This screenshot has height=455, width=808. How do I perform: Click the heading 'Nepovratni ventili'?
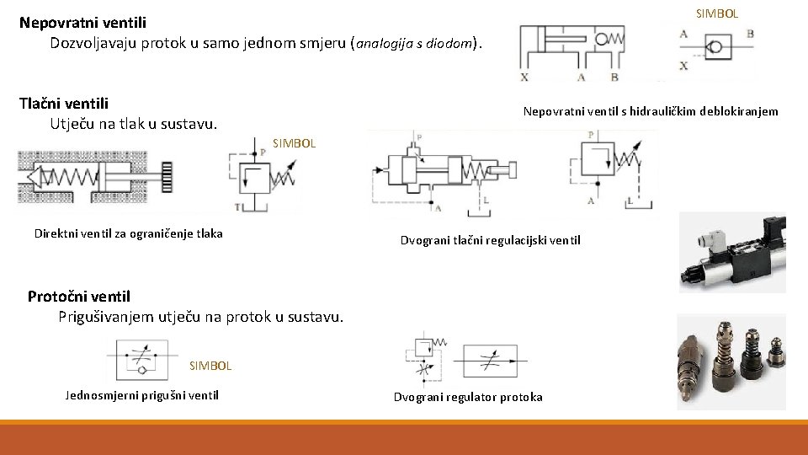point(82,23)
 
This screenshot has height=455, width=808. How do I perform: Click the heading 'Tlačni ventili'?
point(64,104)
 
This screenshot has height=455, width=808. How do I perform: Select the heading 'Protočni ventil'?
point(79,296)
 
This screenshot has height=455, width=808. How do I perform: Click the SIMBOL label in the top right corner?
point(717,13)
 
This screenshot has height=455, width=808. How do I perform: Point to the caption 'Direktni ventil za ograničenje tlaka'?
point(128,233)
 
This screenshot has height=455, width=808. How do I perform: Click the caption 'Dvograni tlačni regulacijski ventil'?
point(490,241)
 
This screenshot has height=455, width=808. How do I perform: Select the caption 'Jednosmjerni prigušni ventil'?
point(141,395)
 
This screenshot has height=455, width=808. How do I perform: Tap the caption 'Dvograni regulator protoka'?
point(468,397)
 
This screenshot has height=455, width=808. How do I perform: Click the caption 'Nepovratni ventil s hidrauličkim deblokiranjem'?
point(650,111)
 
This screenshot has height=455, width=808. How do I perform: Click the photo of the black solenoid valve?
point(732,252)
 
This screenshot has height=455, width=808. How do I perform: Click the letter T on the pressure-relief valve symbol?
point(237,206)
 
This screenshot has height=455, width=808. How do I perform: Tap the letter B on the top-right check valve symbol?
point(750,34)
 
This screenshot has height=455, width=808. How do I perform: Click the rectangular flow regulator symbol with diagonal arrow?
point(491,361)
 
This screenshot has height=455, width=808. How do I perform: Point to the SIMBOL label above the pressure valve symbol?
point(294,143)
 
